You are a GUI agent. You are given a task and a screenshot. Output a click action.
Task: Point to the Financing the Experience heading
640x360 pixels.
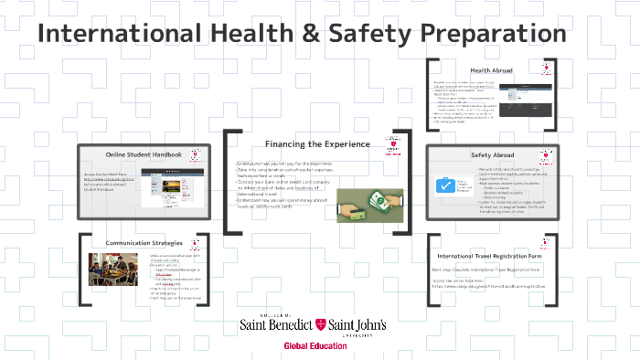317,143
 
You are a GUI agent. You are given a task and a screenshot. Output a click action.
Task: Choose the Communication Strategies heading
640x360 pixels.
144,243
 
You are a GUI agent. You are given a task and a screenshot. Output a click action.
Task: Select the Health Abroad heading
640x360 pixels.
491,70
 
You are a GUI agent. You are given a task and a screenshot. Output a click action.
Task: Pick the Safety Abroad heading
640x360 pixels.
494,155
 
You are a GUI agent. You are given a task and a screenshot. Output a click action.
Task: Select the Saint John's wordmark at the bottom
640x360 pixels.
357,326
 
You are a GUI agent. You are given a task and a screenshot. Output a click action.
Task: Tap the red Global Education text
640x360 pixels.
315,346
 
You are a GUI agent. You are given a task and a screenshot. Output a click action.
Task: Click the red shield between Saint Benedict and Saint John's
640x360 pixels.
319,325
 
